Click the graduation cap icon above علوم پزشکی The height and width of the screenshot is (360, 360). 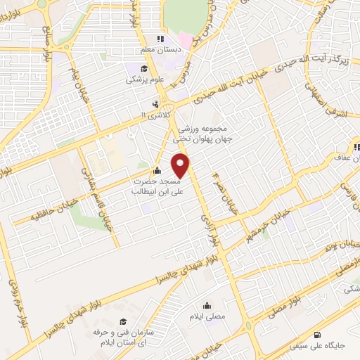(144, 68)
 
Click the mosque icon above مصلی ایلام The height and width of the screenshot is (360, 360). (207, 305)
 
